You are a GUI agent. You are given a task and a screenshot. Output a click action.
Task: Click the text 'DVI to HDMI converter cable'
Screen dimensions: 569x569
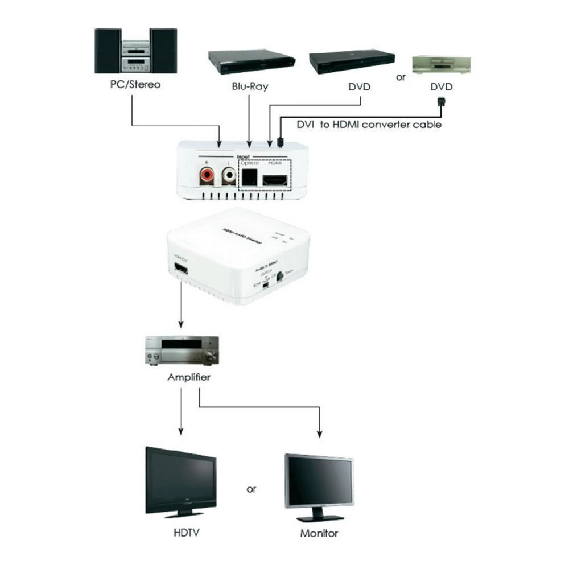(x=369, y=124)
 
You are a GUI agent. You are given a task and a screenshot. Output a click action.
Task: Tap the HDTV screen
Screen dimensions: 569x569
(x=180, y=478)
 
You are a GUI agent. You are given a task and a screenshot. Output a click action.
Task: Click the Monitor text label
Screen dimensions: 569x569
(x=319, y=533)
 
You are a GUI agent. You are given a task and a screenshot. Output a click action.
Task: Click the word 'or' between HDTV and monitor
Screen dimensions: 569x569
(x=251, y=489)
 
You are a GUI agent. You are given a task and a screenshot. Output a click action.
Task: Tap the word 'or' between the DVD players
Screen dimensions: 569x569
(x=401, y=77)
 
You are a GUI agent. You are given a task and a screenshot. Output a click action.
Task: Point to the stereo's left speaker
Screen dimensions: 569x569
(x=108, y=52)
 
